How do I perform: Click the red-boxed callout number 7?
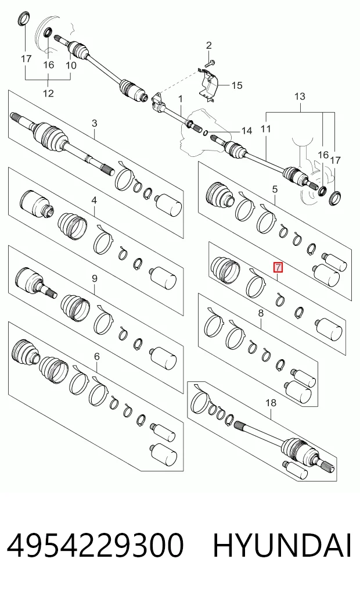[x=278, y=268]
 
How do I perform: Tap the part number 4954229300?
[x=95, y=546]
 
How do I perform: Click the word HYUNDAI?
[x=282, y=546]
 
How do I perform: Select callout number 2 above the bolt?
[x=209, y=46]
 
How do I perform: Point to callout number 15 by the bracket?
[x=237, y=85]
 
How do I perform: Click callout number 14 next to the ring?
[x=247, y=131]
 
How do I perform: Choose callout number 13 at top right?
[x=300, y=96]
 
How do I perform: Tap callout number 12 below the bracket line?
[x=49, y=93]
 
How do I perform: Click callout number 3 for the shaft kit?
[x=94, y=123]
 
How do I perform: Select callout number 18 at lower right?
[x=271, y=403]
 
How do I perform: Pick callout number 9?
[x=94, y=278]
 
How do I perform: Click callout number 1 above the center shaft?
[x=181, y=99]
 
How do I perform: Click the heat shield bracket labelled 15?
[x=208, y=86]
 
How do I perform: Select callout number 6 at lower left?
[x=97, y=356]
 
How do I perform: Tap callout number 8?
[x=261, y=313]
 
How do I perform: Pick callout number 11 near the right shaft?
[x=265, y=129]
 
